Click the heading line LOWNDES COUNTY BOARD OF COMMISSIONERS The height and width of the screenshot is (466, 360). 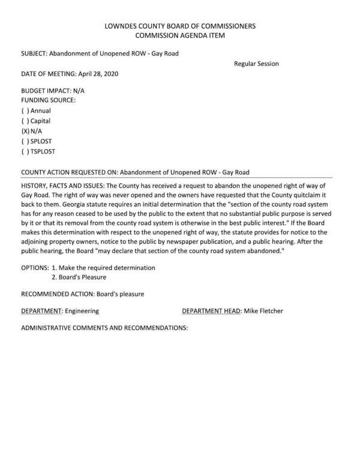(180, 26)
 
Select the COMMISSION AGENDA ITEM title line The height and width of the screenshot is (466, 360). (180, 36)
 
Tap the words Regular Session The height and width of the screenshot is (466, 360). (256, 64)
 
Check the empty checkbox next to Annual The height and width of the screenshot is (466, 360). (25, 111)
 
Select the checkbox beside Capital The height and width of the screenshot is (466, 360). (25, 121)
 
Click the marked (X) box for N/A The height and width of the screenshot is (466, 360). (25, 131)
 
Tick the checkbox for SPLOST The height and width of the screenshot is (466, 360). (25, 142)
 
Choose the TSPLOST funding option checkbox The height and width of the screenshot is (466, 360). (25, 152)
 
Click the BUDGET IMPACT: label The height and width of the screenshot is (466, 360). (46, 91)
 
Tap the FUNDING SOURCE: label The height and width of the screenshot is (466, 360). (48, 100)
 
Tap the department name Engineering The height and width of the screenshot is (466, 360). (82, 311)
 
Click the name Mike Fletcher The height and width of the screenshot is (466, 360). (263, 311)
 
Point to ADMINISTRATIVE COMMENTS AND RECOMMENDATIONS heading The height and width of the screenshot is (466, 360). (104, 328)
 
